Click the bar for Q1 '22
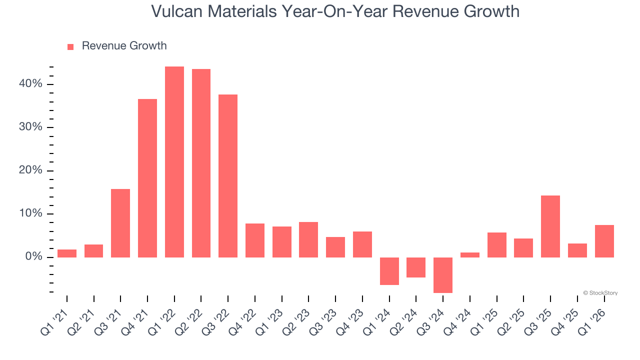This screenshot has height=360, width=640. point(174,162)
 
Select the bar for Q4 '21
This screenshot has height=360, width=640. point(147,178)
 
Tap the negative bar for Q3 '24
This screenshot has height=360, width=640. point(443,275)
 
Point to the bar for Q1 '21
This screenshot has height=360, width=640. point(67,253)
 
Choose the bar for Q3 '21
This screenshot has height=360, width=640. point(120,223)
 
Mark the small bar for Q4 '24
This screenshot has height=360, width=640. point(470,255)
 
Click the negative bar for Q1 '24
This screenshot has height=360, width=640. point(389,271)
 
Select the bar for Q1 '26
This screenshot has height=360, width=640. point(604,241)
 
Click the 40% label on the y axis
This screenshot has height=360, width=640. point(31,84)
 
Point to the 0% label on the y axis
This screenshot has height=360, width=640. point(33,257)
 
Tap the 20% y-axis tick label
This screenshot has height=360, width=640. point(31,170)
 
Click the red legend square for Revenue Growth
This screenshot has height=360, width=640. point(70,46)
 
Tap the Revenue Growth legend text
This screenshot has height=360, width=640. point(124,46)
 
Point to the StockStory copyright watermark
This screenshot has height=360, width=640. point(600,293)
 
